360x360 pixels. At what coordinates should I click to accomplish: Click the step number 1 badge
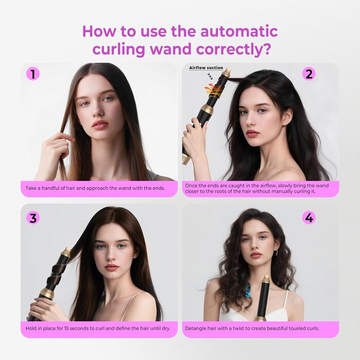point(33,74)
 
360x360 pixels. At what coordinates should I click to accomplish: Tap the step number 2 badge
point(309,74)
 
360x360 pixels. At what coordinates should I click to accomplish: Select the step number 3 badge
point(33,218)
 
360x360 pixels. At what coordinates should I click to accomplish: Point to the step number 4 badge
point(309,218)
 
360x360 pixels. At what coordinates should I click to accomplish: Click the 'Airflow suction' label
point(206,68)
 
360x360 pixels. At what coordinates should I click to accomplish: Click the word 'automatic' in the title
point(239,31)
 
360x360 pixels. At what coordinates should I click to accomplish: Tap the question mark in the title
point(266,49)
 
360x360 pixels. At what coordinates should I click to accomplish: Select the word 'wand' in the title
point(171,49)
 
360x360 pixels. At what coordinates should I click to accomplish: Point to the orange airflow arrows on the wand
point(210,89)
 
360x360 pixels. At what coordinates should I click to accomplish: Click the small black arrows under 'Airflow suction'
point(210,76)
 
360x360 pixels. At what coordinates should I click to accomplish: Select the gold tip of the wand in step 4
point(266,280)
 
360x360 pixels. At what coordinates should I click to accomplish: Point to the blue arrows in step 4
point(248,291)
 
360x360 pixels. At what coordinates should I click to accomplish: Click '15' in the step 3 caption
point(66,328)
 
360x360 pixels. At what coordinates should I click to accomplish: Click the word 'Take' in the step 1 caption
point(30,188)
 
